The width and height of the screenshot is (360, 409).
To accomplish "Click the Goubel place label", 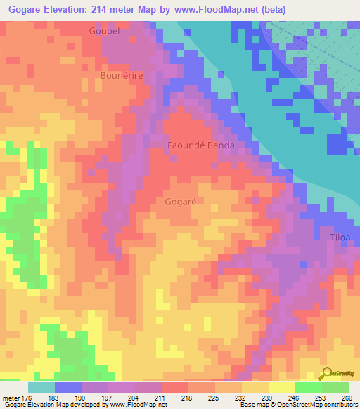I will tap(105, 31).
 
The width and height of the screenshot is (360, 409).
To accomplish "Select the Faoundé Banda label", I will tap(200, 145).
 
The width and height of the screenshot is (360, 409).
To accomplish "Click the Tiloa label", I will tap(340, 237).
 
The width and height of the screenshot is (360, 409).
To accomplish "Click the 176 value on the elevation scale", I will tap(28, 398).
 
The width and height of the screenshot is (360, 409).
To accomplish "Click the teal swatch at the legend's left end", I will tap(41, 387).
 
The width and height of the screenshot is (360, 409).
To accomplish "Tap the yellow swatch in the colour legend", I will tap(281, 387).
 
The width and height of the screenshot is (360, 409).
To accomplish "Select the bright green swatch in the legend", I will tap(308, 387).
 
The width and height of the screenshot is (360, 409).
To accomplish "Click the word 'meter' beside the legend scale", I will tap(11, 398).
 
